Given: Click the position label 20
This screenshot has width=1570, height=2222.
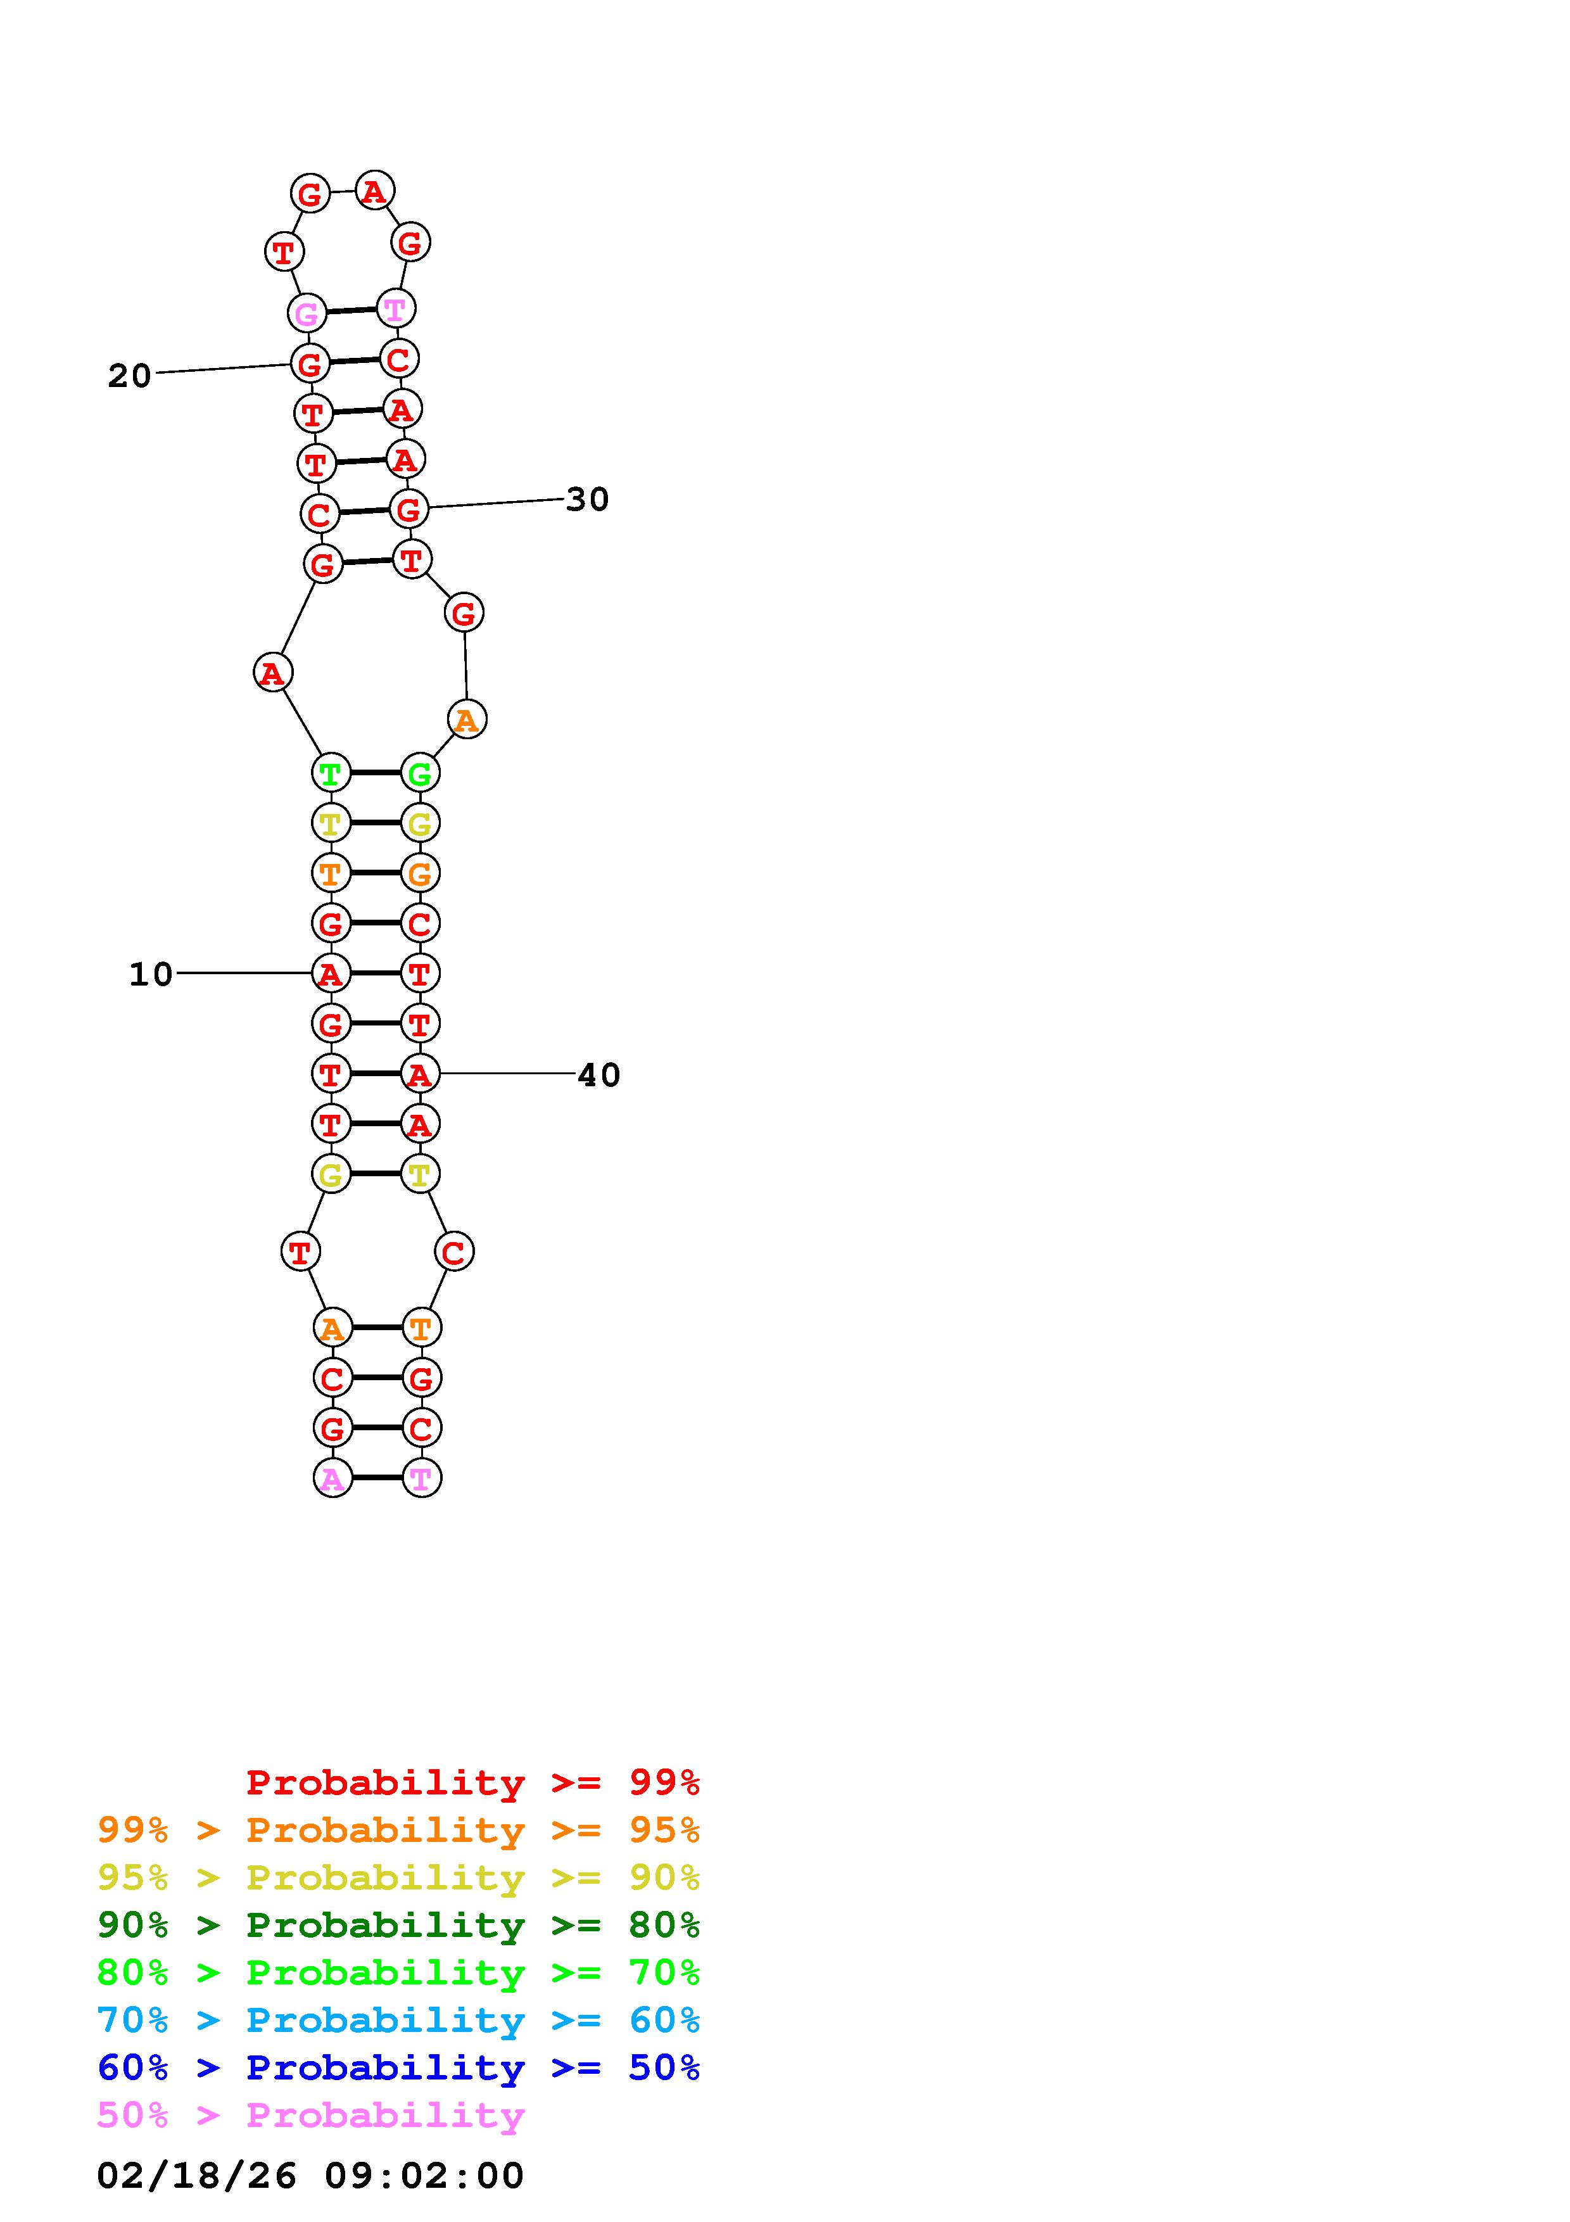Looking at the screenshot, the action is [x=130, y=376].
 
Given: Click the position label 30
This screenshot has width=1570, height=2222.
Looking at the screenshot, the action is [x=587, y=499].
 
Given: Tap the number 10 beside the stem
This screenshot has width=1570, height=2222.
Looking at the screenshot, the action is [x=151, y=974].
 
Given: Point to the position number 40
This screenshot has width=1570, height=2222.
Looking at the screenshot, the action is [x=598, y=1074].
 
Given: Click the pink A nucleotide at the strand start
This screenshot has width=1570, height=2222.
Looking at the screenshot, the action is [x=332, y=1478].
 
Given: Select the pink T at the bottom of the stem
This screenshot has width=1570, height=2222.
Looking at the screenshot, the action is [x=421, y=1478].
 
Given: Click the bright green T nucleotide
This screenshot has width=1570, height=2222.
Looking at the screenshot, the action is [x=331, y=773].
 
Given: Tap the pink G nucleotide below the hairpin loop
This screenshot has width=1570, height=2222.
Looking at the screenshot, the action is [x=307, y=314].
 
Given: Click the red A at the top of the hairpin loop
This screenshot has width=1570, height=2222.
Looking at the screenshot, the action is [x=374, y=191].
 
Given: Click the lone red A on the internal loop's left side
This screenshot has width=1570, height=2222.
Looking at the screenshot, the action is [x=273, y=673].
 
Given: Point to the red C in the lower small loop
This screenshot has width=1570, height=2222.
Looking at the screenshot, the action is [x=453, y=1252].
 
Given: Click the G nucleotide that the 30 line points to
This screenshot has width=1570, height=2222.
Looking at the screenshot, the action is [x=409, y=509].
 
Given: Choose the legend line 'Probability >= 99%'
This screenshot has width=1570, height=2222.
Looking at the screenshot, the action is [x=473, y=1782].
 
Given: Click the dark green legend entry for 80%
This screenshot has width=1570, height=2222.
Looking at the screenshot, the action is [x=398, y=1925].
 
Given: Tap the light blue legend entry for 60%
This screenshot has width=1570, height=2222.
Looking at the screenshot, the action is [x=398, y=2020].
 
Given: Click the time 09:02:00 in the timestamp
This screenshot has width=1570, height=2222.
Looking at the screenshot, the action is [x=424, y=2176].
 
